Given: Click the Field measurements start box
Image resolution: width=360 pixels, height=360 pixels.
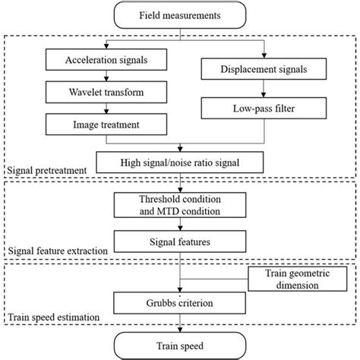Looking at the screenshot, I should (x=179, y=15).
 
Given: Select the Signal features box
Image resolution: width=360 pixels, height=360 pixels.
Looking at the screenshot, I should (x=179, y=244).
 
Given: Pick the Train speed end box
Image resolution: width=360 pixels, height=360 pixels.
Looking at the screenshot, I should (x=179, y=346).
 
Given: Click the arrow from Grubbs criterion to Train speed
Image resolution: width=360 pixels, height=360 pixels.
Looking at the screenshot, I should (x=179, y=325).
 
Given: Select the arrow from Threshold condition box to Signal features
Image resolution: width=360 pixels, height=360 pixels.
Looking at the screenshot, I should (x=179, y=226).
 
